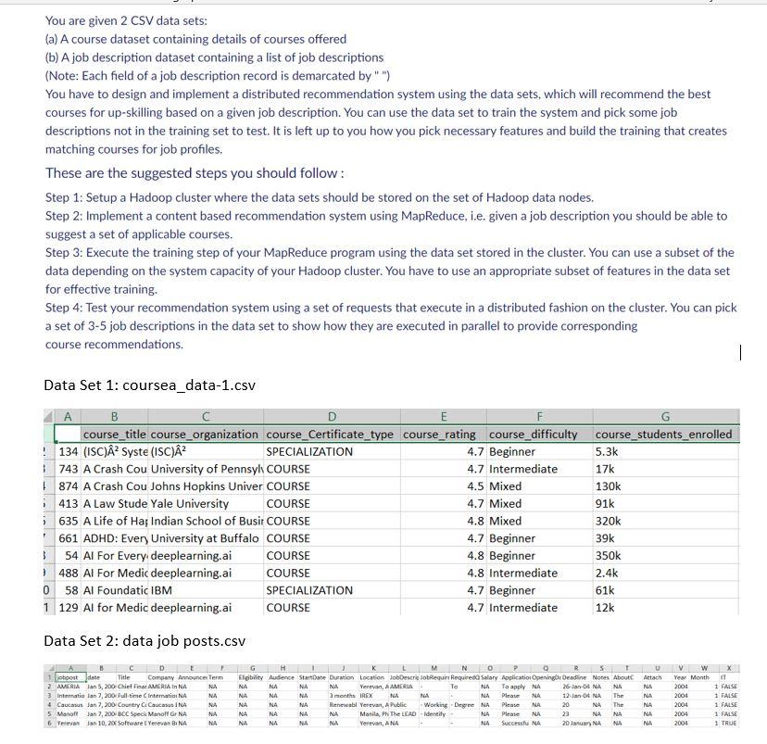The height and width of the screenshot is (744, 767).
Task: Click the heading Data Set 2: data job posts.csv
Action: coord(144,640)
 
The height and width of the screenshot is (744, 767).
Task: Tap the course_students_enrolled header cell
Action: coord(663,434)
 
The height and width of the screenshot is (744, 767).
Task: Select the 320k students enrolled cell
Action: coord(609,521)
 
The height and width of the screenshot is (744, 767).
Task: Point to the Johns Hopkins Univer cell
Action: coord(206,485)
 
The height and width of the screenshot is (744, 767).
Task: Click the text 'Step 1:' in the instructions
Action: coord(66,197)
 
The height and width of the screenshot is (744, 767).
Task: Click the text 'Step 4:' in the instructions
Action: coord(66,308)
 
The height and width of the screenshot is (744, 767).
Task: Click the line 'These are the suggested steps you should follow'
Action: coord(195,173)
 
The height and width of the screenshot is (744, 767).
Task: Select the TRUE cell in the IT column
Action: coord(729,723)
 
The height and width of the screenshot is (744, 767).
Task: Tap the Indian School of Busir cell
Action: coord(206,521)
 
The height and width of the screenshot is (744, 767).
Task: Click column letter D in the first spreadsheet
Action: coord(332,417)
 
